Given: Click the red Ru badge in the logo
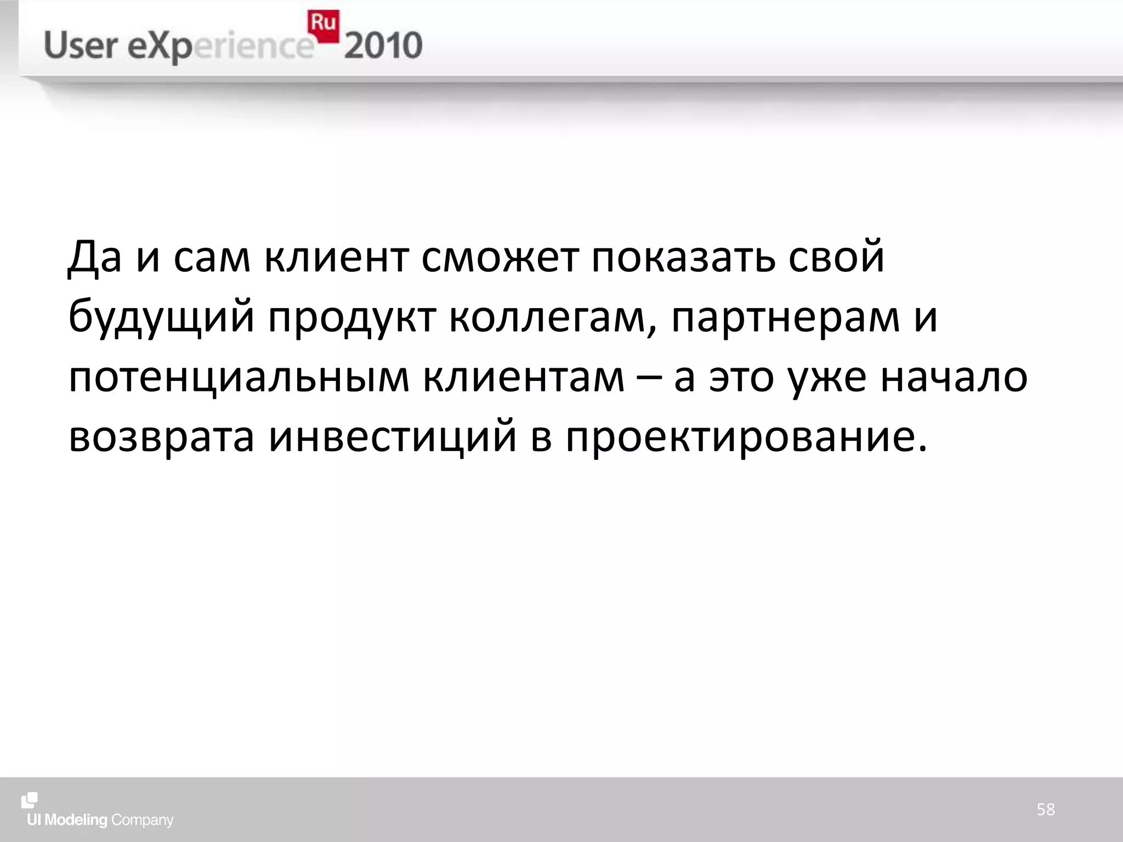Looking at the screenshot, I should tap(323, 25).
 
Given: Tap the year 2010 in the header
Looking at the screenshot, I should tap(383, 46).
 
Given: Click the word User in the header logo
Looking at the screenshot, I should tap(81, 46).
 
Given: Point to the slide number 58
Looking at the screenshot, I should tap(1045, 809).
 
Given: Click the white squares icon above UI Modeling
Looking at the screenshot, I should tap(30, 800).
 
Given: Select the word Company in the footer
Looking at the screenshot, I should tap(142, 820).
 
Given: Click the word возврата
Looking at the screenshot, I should tap(161, 437).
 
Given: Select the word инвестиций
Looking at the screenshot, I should tap(393, 437).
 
